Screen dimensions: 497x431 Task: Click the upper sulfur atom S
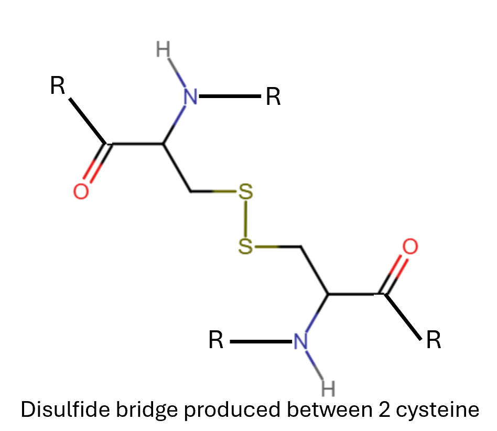[246, 191]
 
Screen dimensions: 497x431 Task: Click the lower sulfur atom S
[246, 246]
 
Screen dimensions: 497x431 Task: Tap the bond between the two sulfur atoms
[246, 219]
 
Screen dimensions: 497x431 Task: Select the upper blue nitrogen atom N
[191, 96]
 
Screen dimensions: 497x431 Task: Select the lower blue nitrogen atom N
[300, 341]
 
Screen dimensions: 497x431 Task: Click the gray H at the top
[163, 49]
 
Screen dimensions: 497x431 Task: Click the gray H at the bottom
[328, 388]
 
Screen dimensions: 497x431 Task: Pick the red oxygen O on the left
[81, 191]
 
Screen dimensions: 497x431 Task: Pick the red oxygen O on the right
[410, 246]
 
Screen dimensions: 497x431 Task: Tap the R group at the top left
[58, 85]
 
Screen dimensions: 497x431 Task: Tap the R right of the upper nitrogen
[273, 96]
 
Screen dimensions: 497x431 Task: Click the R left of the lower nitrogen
[216, 340]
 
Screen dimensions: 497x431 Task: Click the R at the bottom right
[434, 340]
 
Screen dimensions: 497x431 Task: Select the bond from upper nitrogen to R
[230, 96]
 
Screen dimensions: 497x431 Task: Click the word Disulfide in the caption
[65, 409]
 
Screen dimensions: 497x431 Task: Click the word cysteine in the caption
[437, 411]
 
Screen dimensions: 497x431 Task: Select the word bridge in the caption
[146, 410]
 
